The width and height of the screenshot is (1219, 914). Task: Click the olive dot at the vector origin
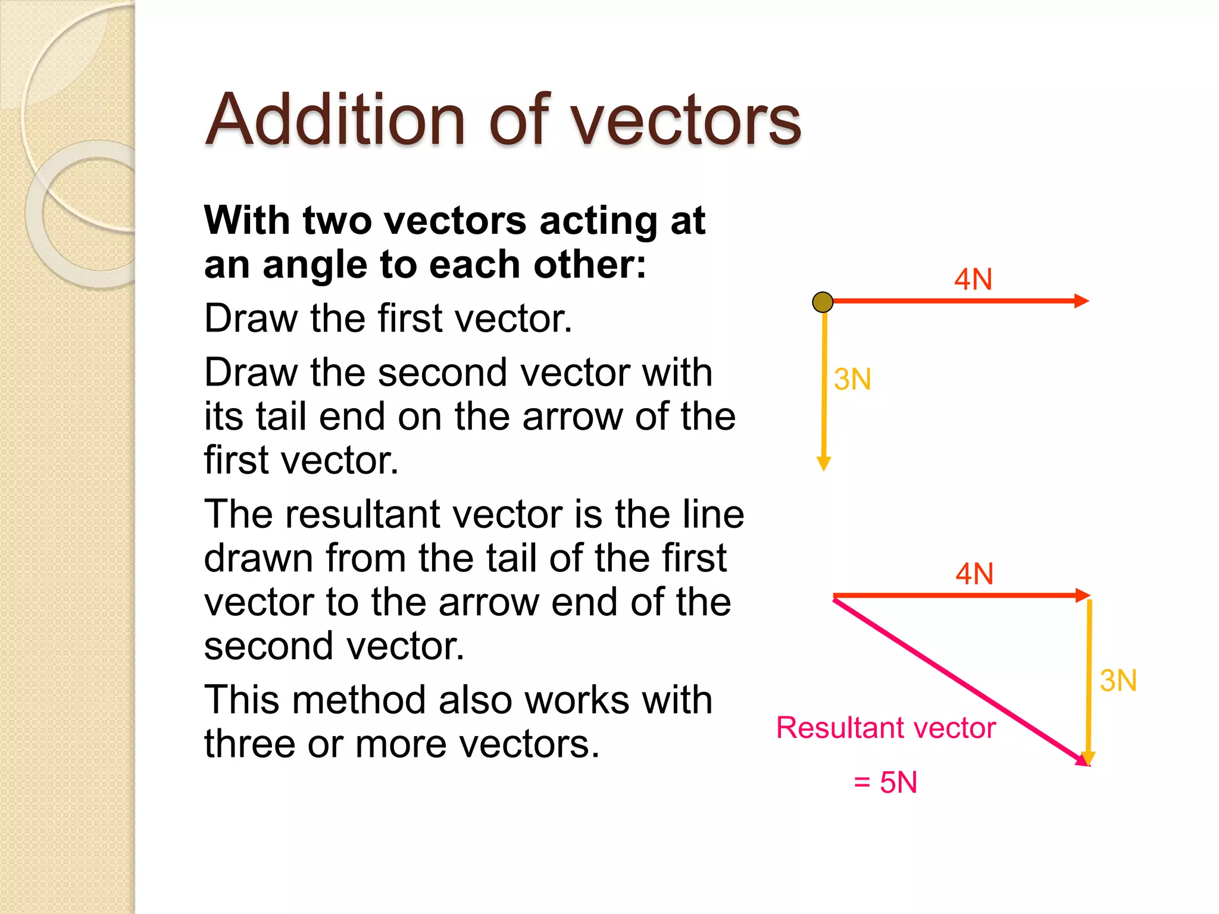click(823, 302)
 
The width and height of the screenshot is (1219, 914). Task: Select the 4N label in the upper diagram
click(973, 279)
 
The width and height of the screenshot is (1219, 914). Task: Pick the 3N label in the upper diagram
click(852, 380)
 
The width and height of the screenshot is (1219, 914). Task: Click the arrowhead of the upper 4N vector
click(1082, 301)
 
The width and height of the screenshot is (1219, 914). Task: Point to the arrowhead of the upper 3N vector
click(824, 464)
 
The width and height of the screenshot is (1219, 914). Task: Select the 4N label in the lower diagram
click(974, 574)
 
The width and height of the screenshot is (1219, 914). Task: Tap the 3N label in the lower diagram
click(1118, 681)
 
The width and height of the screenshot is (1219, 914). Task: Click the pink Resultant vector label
click(886, 728)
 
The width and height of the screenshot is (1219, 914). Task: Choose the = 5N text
click(885, 782)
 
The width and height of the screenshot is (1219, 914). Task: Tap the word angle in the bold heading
click(314, 265)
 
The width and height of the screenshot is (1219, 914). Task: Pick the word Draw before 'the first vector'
click(251, 318)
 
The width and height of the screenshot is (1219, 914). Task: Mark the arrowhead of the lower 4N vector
click(1083, 595)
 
